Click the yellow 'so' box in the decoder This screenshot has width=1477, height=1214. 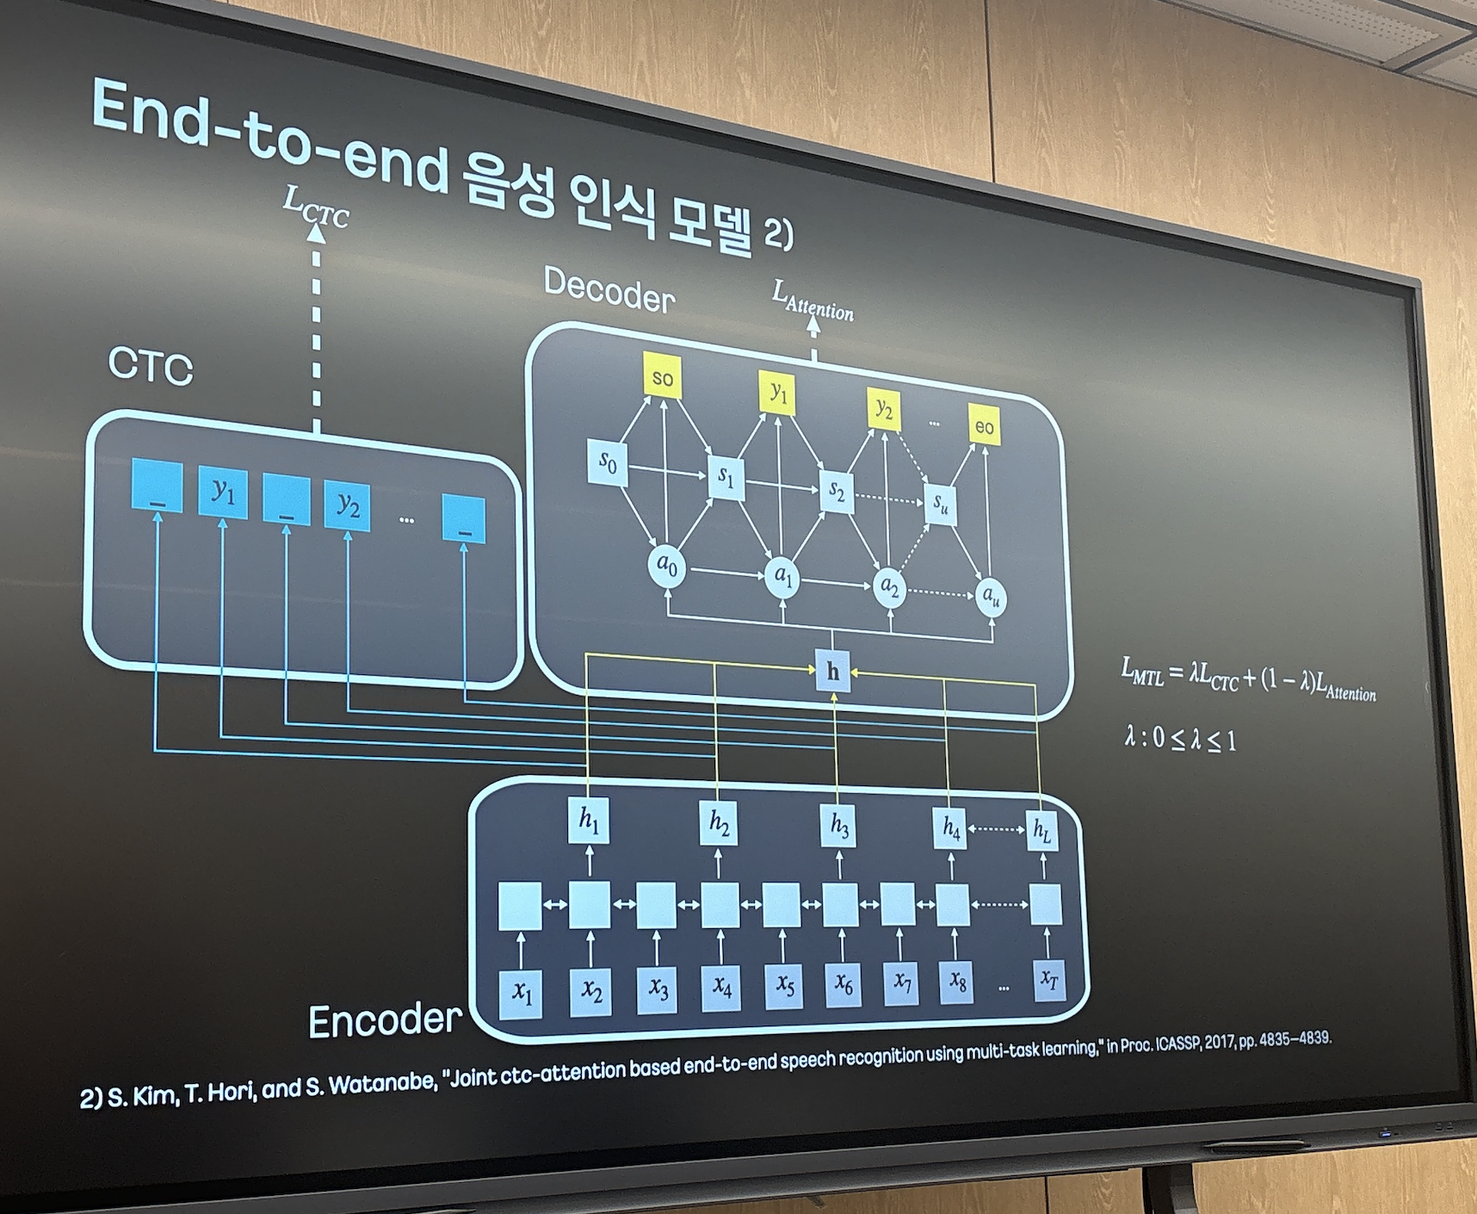coord(662,376)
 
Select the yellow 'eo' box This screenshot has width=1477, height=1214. coord(984,425)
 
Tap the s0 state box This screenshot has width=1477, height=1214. coord(608,462)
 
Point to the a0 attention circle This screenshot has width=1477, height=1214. coord(667,566)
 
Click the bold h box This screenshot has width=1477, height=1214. coord(832,671)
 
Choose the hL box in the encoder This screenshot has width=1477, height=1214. coord(1042,830)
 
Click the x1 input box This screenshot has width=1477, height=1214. coord(522,993)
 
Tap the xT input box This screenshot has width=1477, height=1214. coord(1048,980)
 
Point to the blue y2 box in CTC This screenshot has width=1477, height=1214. coord(348,505)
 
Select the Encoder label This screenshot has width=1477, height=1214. coord(385,1020)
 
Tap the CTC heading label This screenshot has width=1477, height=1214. coord(151,365)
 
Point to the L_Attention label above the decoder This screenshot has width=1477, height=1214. coord(813,300)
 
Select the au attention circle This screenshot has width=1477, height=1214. coord(991,595)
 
